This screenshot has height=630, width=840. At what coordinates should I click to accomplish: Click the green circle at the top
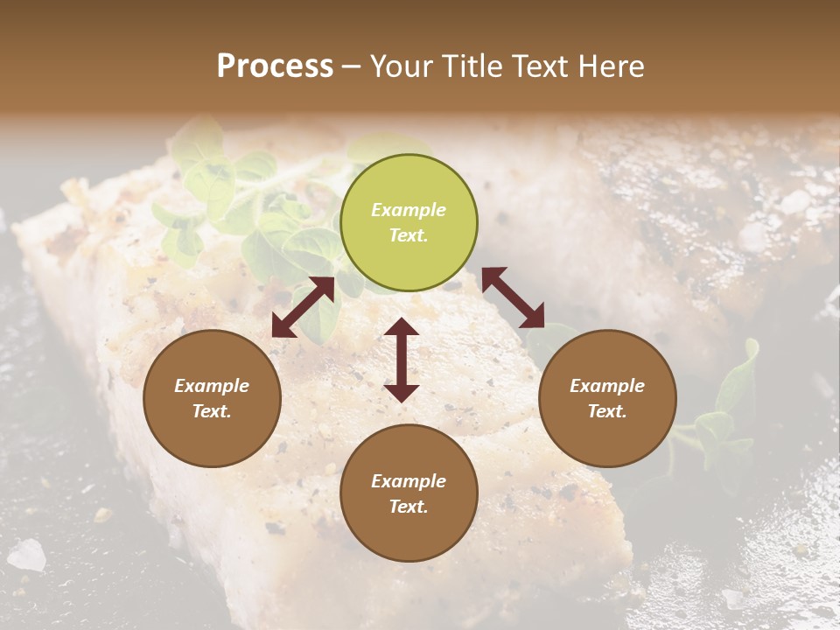[x=409, y=222]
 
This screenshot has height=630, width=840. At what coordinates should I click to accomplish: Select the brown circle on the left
[x=212, y=398]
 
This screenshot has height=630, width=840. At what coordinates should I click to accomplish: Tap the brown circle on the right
[x=607, y=398]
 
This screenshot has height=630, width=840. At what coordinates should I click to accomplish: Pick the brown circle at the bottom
[x=409, y=493]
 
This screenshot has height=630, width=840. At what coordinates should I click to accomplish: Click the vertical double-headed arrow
[x=402, y=360]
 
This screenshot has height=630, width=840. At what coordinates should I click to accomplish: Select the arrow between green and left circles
[x=303, y=307]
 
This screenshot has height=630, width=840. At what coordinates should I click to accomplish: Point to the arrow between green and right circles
[x=513, y=297]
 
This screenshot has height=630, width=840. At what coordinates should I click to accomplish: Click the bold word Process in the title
[x=275, y=66]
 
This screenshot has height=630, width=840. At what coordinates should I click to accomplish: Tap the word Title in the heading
[x=471, y=66]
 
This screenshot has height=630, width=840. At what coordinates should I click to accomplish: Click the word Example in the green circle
[x=409, y=210]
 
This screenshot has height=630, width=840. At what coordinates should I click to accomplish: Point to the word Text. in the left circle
[x=212, y=411]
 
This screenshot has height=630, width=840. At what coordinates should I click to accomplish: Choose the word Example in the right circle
[x=607, y=386]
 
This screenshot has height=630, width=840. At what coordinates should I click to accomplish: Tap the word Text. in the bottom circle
[x=409, y=507]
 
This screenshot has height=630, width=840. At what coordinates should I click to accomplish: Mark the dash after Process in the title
[x=352, y=66]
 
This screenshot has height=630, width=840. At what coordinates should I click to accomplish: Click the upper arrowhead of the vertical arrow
[x=402, y=327]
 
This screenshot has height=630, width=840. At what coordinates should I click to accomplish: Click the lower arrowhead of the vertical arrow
[x=402, y=393]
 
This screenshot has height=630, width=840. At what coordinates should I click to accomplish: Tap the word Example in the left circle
[x=212, y=386]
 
